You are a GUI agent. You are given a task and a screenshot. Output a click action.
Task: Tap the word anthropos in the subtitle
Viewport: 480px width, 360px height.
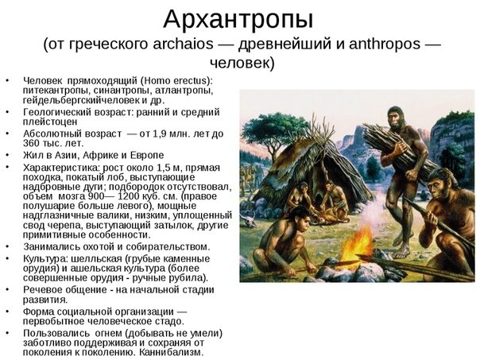[385, 44]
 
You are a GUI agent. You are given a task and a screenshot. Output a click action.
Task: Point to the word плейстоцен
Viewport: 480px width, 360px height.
[50, 122]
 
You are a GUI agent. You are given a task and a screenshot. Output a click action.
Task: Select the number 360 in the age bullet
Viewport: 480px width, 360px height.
[31, 143]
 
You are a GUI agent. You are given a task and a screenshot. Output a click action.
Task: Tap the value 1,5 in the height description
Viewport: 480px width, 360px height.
[163, 168]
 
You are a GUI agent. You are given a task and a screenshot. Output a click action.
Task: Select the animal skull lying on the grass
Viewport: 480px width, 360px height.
[250, 221]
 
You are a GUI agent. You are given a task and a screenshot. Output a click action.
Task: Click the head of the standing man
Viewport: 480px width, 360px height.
[395, 118]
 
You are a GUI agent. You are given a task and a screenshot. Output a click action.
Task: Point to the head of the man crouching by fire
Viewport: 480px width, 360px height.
[298, 218]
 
